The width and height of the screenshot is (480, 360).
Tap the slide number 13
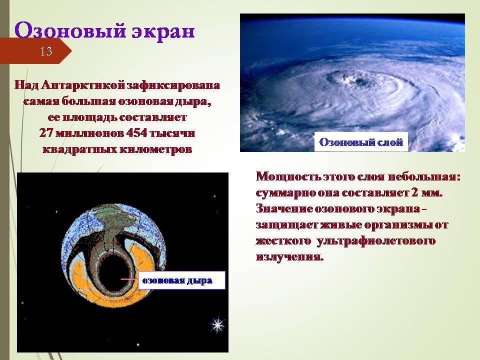pyautogui.click(x=46, y=51)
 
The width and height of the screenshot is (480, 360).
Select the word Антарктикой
pyautogui.click(x=83, y=85)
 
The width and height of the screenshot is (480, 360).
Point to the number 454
pyautogui.click(x=136, y=133)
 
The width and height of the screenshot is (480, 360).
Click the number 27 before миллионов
pyautogui.click(x=46, y=133)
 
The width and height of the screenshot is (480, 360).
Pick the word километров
pyautogui.click(x=155, y=149)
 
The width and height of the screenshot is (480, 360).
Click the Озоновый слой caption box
pyautogui.click(x=361, y=141)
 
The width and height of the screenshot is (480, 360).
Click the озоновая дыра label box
pyautogui.click(x=181, y=280)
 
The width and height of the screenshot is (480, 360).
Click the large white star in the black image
pyautogui.click(x=217, y=325)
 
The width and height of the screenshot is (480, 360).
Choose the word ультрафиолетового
pyautogui.click(x=376, y=241)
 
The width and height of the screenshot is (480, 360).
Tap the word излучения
pyautogui.click(x=289, y=256)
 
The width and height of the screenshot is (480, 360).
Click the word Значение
pyautogui.click(x=284, y=209)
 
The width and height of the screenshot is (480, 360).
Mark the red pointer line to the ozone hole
pyautogui.click(x=129, y=279)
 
